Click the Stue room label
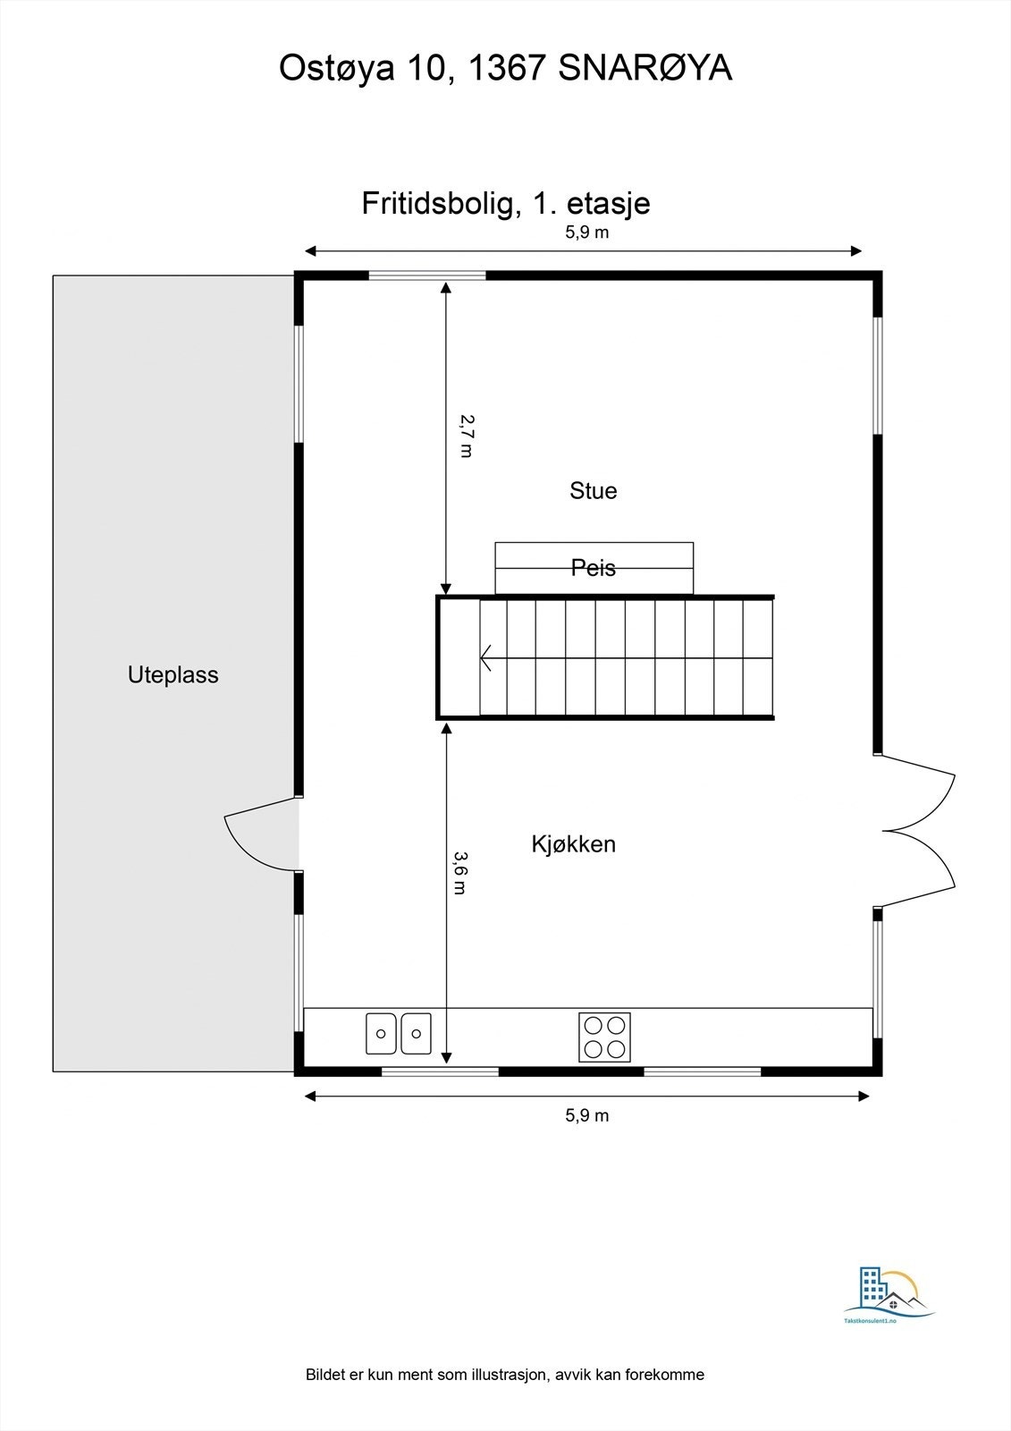pos(593,491)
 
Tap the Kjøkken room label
pos(573,844)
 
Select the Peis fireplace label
pos(594,567)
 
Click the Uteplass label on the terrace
pos(173,675)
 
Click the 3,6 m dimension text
pos(459,872)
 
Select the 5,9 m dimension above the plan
pos(586,233)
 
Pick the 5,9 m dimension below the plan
pos(586,1115)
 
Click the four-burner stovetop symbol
pos(604,1037)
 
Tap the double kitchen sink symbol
pos(399,1033)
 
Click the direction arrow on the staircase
pos(488,658)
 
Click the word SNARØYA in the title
pos(645,68)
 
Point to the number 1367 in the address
pos(506,68)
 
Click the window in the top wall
pos(427,275)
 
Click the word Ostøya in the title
pos(336,68)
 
